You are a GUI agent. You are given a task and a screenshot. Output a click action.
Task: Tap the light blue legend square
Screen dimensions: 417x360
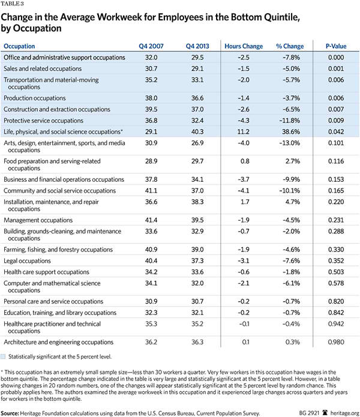point(7,357)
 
